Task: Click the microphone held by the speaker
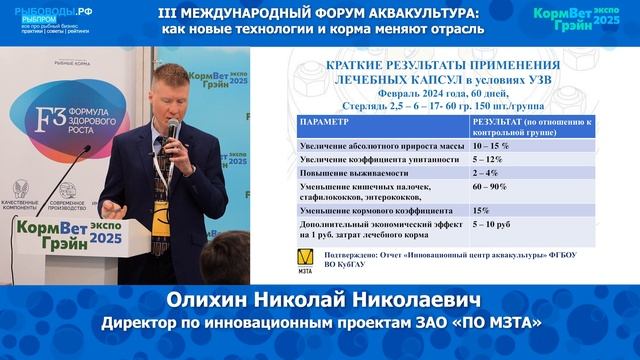click(x=173, y=131)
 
